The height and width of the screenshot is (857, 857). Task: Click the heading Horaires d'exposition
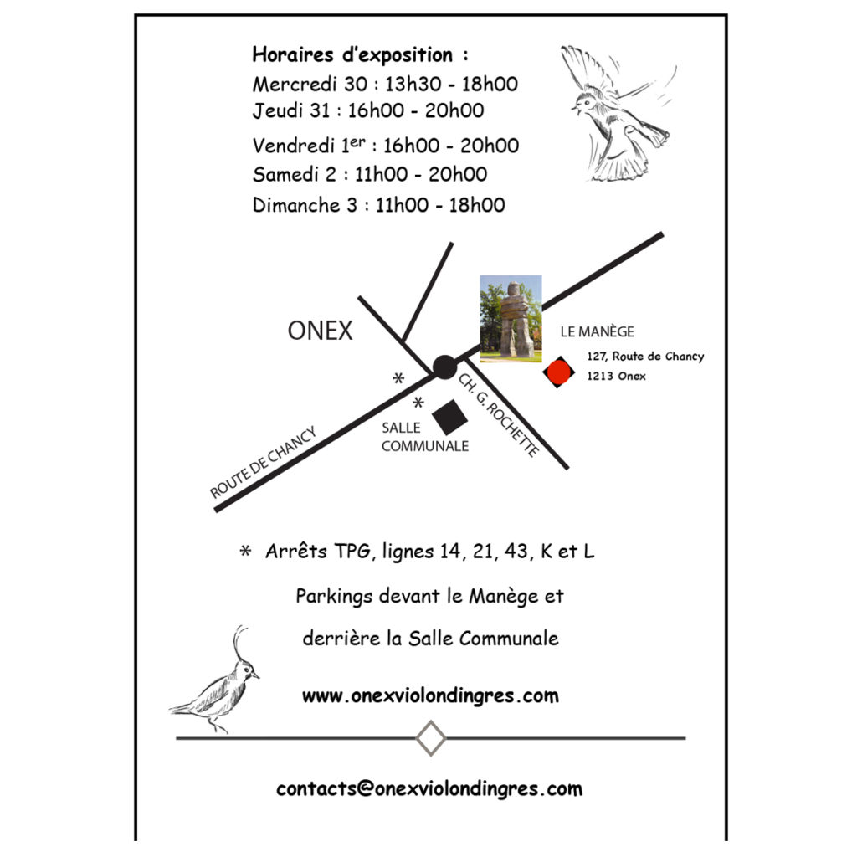[x=360, y=55]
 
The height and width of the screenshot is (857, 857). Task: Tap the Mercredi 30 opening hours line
[x=385, y=85]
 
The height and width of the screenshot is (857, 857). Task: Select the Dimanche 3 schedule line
[x=378, y=205]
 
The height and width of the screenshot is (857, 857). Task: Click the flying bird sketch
[x=617, y=113]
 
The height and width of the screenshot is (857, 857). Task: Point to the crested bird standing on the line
[x=215, y=680]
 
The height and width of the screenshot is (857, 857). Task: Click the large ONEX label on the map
[x=321, y=331]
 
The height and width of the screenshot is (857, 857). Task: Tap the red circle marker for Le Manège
[x=558, y=372]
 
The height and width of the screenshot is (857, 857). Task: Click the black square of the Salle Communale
[x=449, y=417]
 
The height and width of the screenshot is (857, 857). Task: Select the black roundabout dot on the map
[x=444, y=367]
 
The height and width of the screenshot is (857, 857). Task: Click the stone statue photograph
[x=511, y=319]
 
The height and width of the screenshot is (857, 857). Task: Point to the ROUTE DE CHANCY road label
[x=264, y=462]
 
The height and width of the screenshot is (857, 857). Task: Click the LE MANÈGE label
[x=597, y=331]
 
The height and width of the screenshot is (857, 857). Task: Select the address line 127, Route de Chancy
[x=645, y=357]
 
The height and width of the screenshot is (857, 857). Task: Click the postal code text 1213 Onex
[x=617, y=376]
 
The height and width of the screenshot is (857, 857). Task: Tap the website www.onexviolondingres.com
[x=430, y=695]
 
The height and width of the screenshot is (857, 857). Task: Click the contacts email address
[x=429, y=788]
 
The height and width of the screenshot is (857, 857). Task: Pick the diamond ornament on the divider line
[x=431, y=738]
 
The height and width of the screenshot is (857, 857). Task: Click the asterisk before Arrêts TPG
[x=245, y=551]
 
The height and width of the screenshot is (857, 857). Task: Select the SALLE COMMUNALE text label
[x=424, y=437]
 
